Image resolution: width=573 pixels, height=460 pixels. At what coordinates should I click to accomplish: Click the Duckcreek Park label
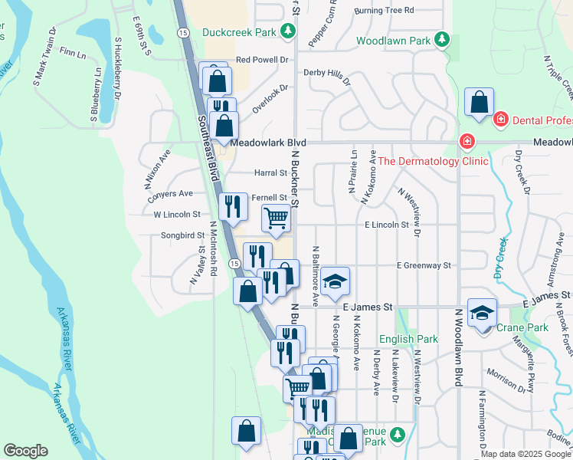[x=238, y=32]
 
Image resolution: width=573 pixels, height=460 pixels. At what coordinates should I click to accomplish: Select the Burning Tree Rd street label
[x=384, y=11]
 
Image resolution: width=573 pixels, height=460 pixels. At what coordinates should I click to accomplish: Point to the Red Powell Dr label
[x=261, y=59]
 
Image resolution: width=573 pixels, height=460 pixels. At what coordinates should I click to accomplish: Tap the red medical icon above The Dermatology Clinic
[x=466, y=142]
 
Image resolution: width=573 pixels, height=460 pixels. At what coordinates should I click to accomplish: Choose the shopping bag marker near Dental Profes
[x=479, y=102]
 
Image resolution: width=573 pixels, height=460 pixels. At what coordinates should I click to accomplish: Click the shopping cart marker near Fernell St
[x=277, y=219]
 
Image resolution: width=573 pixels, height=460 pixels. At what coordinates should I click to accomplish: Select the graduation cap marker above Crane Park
[x=482, y=313]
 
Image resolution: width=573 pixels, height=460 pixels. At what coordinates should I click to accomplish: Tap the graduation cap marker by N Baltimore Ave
[x=334, y=282]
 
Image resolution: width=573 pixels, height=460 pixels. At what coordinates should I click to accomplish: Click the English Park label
[x=408, y=339]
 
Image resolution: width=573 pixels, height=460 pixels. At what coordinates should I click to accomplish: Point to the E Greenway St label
[x=424, y=265]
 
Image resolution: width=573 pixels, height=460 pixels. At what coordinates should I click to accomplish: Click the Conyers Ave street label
[x=170, y=194]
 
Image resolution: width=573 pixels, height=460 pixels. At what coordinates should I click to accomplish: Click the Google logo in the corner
[x=26, y=450]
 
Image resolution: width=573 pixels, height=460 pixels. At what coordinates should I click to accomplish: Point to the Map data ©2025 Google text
[x=526, y=454]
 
